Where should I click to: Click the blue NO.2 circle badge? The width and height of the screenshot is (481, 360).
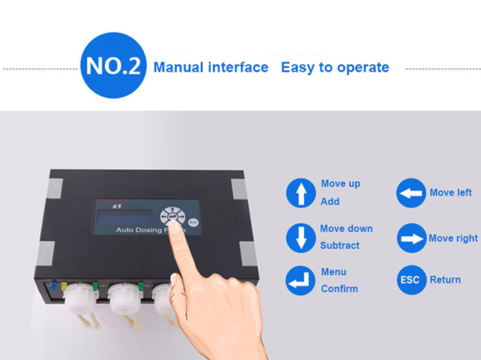[x=113, y=66]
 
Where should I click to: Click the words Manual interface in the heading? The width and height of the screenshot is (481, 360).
[x=210, y=67]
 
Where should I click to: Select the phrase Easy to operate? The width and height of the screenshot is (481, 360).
[x=335, y=67]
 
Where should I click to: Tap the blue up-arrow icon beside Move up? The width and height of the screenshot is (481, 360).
[x=301, y=193]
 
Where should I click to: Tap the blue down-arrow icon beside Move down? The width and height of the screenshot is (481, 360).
[x=301, y=237]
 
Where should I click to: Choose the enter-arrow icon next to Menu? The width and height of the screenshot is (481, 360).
[x=301, y=280]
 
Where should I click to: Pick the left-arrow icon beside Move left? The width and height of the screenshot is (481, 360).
[x=411, y=193]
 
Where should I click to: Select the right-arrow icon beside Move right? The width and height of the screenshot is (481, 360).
[x=411, y=238]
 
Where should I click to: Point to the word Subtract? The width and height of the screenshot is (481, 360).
[x=340, y=245]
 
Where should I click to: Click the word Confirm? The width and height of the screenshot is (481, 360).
[x=339, y=288]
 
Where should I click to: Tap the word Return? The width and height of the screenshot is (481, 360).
[x=445, y=279]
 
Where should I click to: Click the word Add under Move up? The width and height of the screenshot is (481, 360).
[x=329, y=201]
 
